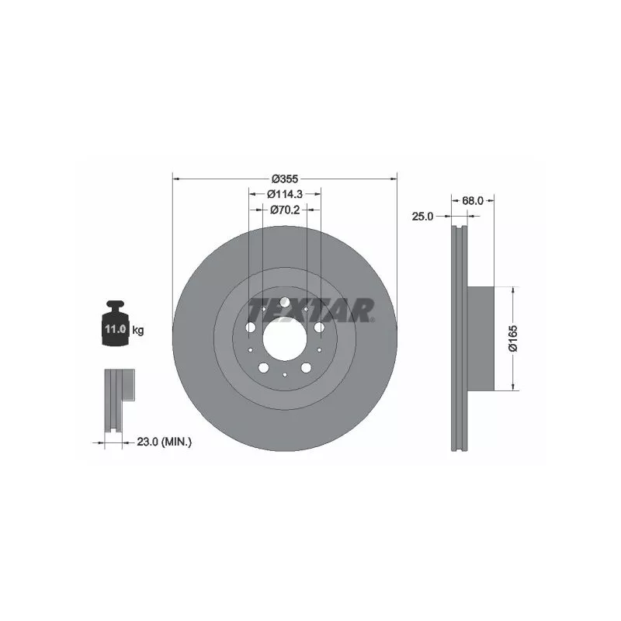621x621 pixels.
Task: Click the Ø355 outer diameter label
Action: point(284,177)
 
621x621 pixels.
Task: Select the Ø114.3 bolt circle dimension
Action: point(284,194)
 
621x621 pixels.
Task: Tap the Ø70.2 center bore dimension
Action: point(285,210)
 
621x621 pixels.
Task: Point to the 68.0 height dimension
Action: point(473,200)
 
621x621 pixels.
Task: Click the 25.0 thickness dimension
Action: point(422,217)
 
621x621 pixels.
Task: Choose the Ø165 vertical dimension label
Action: point(513,338)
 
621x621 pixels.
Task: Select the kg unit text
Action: point(138,330)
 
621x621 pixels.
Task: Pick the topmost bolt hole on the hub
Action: point(284,302)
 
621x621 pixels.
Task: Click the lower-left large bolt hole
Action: point(263,367)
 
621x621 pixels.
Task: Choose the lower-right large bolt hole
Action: point(306,367)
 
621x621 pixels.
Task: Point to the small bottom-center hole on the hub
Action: point(284,376)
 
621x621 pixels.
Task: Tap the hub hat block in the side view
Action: point(482,338)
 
